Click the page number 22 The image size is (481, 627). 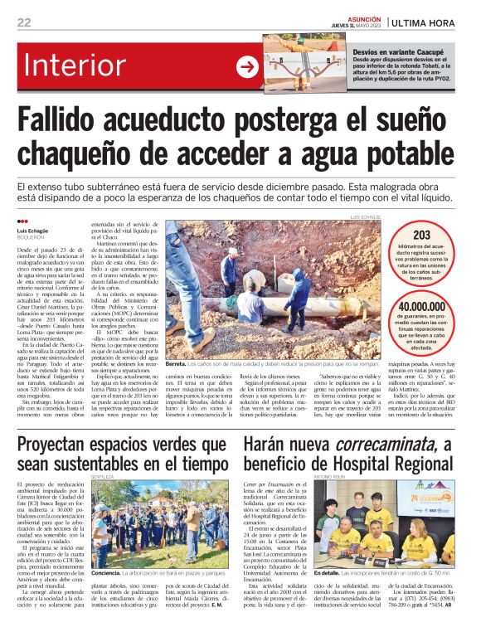[x=24, y=22]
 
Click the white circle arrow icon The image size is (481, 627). [x=247, y=66]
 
